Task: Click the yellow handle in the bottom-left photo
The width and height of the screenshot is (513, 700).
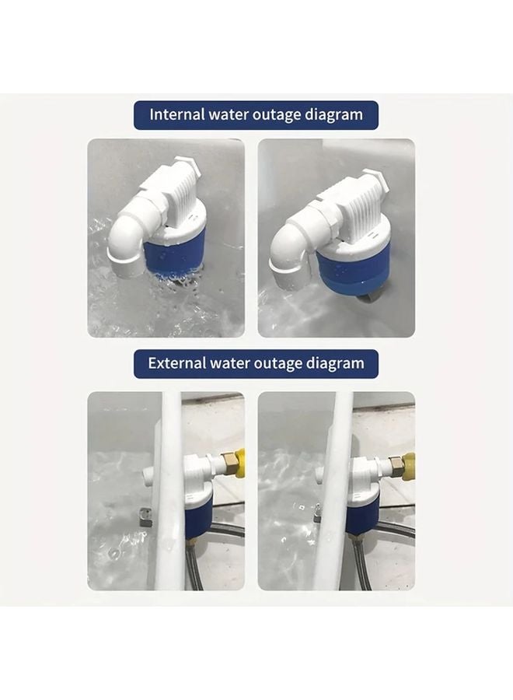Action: [240, 464]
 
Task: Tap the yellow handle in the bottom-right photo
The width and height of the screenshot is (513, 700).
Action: [409, 466]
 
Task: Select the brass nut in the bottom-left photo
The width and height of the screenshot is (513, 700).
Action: [229, 464]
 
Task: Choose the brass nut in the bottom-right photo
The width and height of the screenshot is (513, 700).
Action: [396, 467]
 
